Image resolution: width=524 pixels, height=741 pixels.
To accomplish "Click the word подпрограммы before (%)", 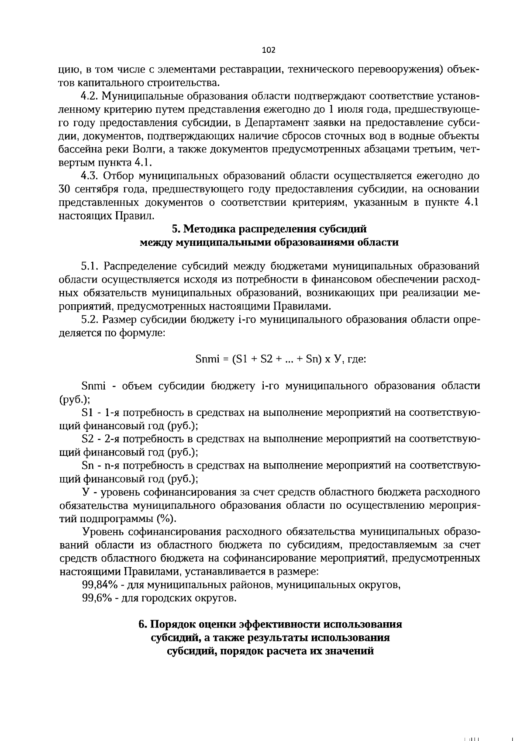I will [x=115, y=519].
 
